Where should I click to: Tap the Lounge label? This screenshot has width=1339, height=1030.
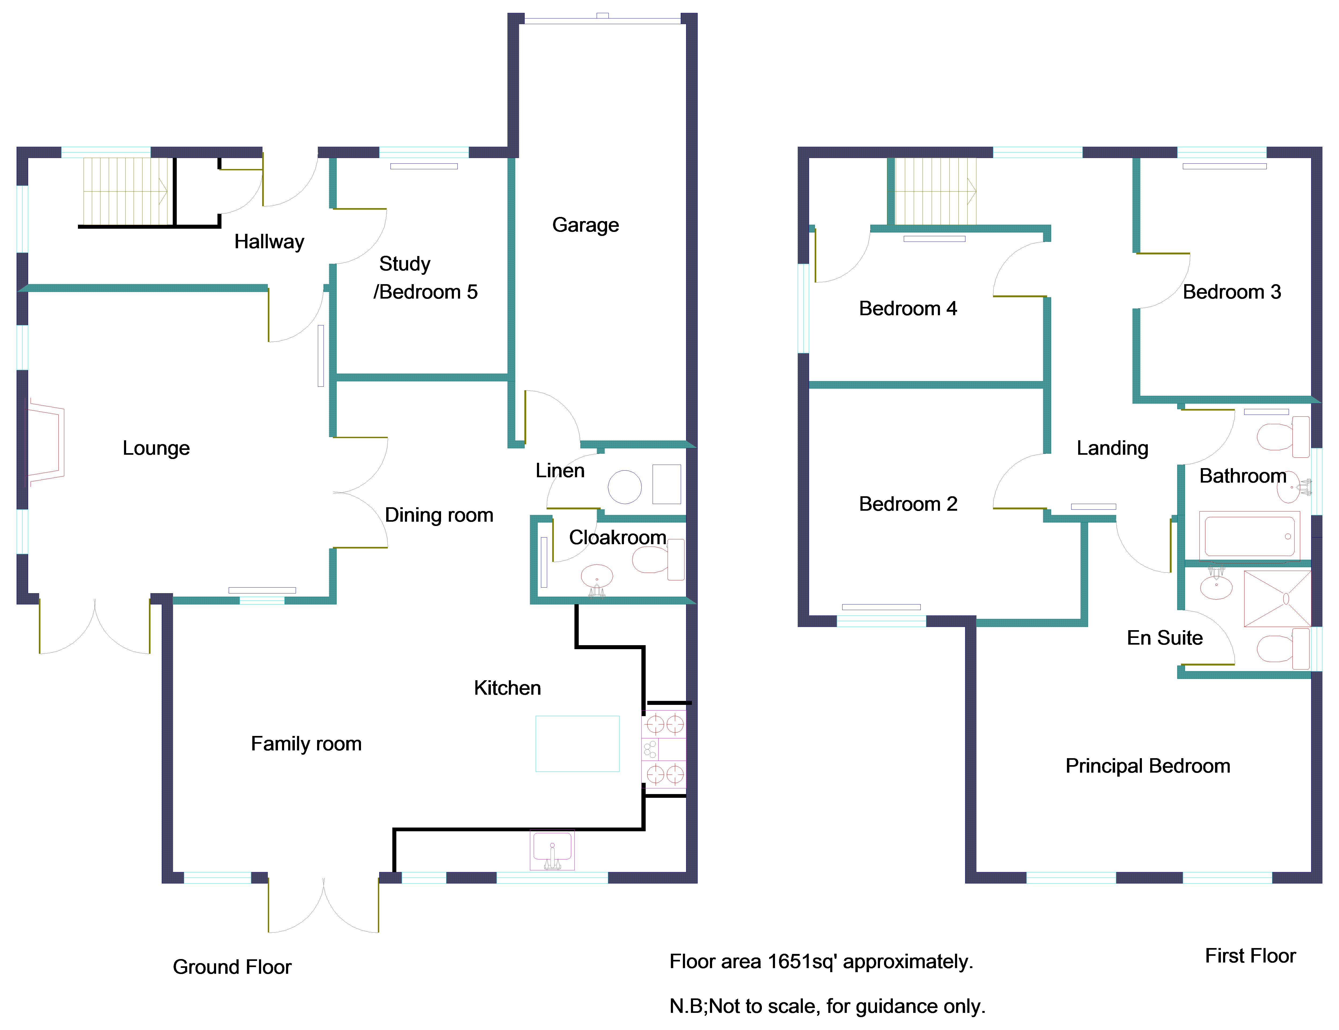tap(156, 448)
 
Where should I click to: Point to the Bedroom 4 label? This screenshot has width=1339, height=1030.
tap(908, 309)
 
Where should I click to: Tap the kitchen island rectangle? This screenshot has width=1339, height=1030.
tap(578, 744)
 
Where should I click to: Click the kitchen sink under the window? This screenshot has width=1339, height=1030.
tap(552, 850)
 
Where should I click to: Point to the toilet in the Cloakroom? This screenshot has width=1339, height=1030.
tap(659, 559)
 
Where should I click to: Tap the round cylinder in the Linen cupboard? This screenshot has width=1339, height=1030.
tap(625, 487)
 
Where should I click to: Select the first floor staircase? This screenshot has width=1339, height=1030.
tap(935, 191)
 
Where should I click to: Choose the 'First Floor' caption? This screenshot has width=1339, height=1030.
tap(1251, 956)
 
